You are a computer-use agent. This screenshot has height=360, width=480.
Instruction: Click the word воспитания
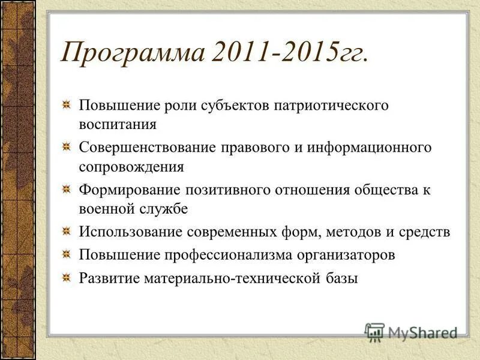tap(118, 125)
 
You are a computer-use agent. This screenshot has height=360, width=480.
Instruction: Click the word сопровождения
tap(131, 167)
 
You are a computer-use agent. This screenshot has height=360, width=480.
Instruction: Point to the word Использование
tap(130, 232)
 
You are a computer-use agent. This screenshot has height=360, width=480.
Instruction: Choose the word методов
tap(350, 232)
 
